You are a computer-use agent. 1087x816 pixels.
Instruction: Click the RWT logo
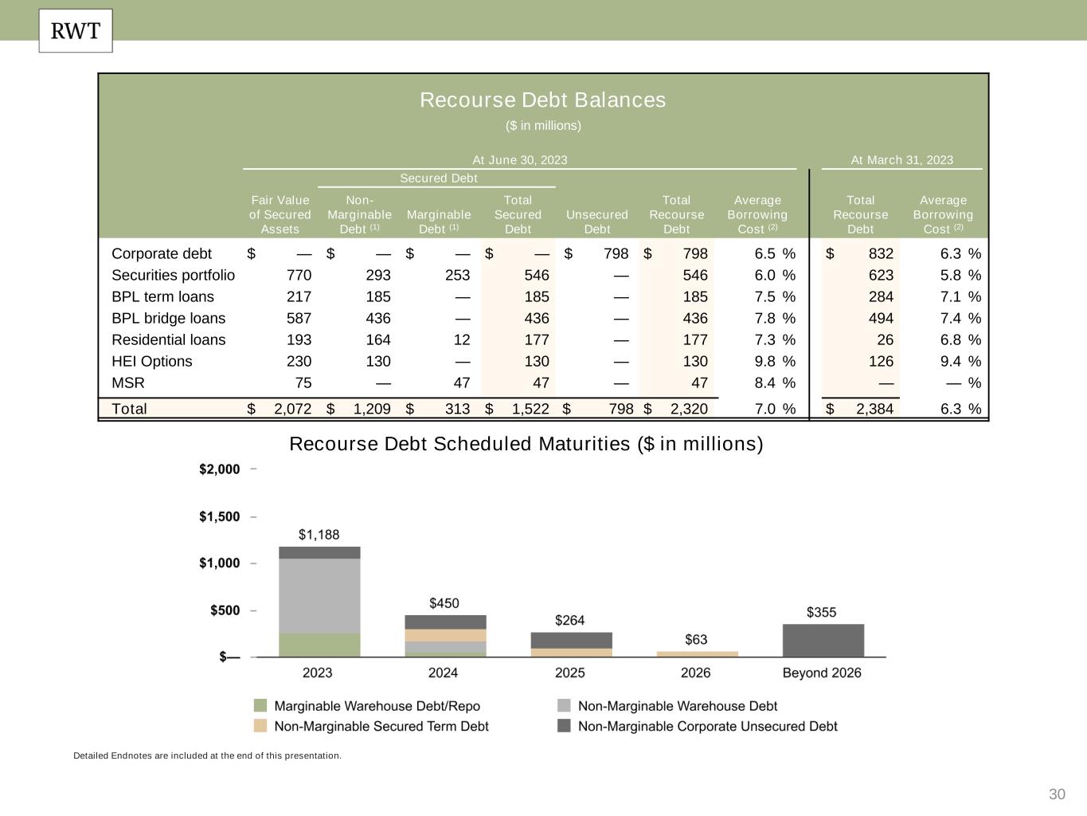coord(76,31)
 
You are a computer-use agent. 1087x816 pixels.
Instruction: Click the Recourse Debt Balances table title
coord(542,100)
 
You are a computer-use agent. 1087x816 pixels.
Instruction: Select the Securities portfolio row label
coord(173,275)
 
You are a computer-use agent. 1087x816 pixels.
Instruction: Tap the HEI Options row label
coord(151,361)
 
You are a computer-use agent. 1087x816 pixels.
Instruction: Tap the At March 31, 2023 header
coord(901,159)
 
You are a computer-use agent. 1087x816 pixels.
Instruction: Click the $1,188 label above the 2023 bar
coord(319,534)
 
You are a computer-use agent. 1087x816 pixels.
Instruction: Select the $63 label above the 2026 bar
coord(696,639)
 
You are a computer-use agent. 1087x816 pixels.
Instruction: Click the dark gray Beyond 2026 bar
coord(823,640)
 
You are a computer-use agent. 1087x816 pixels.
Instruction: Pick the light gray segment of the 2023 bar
coord(319,595)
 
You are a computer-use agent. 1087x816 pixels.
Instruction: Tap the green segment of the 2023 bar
coord(319,645)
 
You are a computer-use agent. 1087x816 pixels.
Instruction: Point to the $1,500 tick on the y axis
coord(219,516)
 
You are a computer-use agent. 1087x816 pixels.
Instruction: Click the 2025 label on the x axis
coord(569,673)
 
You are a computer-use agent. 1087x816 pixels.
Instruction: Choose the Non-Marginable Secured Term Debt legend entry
coord(381,726)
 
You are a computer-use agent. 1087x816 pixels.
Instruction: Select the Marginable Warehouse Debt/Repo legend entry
coord(377,706)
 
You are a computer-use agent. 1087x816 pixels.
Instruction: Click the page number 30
coord(1057,794)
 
